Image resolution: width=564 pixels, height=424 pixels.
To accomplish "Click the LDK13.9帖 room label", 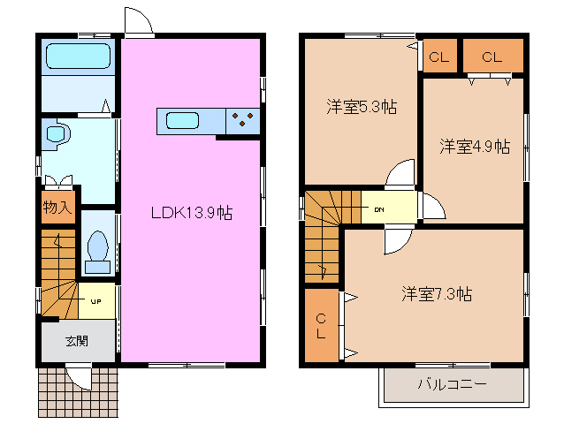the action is click(x=192, y=213).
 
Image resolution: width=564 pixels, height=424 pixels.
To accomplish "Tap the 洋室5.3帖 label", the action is click(x=362, y=107).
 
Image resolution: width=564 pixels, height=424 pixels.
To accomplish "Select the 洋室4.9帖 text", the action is click(x=475, y=147).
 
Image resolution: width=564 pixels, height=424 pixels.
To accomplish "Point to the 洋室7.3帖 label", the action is click(x=437, y=294).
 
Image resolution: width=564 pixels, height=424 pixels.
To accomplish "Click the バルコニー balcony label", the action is click(x=452, y=384).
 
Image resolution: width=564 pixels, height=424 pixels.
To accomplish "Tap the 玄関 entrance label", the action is click(x=77, y=341).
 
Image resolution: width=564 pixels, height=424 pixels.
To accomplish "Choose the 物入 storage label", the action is click(x=57, y=208).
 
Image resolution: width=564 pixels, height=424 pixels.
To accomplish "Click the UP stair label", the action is click(x=96, y=301).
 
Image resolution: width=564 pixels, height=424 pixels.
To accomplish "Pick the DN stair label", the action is click(x=379, y=209).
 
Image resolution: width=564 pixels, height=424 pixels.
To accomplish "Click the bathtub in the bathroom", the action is click(x=78, y=56).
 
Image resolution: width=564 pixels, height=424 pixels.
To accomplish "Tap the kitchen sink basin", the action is click(x=182, y=120).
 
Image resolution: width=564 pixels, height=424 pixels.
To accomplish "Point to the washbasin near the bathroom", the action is click(x=57, y=134).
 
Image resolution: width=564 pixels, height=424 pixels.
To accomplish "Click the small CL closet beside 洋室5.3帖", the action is click(x=439, y=57).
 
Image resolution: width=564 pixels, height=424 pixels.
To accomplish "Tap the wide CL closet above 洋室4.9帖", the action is click(x=492, y=56).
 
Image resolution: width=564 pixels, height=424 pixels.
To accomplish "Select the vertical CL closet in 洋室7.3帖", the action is click(x=321, y=326).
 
